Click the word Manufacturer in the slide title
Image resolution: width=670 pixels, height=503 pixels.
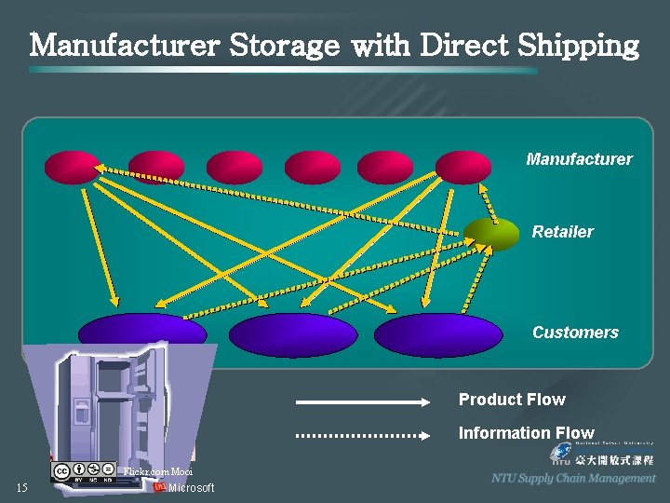tap(125, 45)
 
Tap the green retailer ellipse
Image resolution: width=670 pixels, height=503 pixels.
tap(491, 234)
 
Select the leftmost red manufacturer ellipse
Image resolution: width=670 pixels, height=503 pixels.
tap(72, 168)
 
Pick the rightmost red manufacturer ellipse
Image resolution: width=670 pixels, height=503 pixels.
tap(462, 168)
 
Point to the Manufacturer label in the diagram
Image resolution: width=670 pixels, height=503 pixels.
tap(578, 159)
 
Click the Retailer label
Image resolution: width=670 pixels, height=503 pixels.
tap(562, 232)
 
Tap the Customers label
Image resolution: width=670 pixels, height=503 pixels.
tap(575, 333)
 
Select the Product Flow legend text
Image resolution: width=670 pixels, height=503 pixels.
tap(512, 400)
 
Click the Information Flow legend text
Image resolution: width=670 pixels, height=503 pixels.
tap(526, 433)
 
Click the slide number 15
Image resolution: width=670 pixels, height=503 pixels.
tap(21, 488)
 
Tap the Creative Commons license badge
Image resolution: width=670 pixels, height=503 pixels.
tap(83, 472)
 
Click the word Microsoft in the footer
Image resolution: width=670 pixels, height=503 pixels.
tap(191, 488)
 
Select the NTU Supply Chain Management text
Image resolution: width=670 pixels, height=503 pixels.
tap(573, 478)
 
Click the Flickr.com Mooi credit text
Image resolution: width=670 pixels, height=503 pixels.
tap(158, 472)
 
